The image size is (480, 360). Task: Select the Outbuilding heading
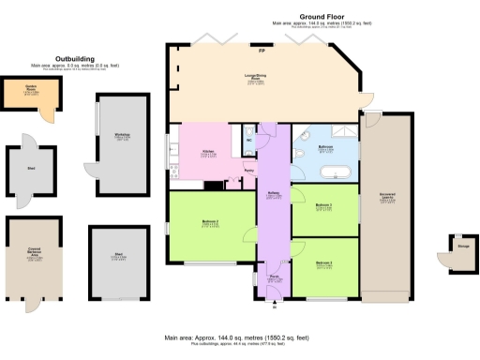[75, 58]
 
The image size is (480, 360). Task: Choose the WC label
[248, 142]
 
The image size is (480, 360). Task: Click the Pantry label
[248, 172]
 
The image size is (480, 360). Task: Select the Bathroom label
[326, 148]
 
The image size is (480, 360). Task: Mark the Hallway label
[275, 196]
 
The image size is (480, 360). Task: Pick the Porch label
[275, 278]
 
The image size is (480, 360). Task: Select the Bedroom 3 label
[324, 263]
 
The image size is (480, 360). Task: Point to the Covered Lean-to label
[386, 198]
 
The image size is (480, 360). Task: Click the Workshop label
[122, 138]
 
